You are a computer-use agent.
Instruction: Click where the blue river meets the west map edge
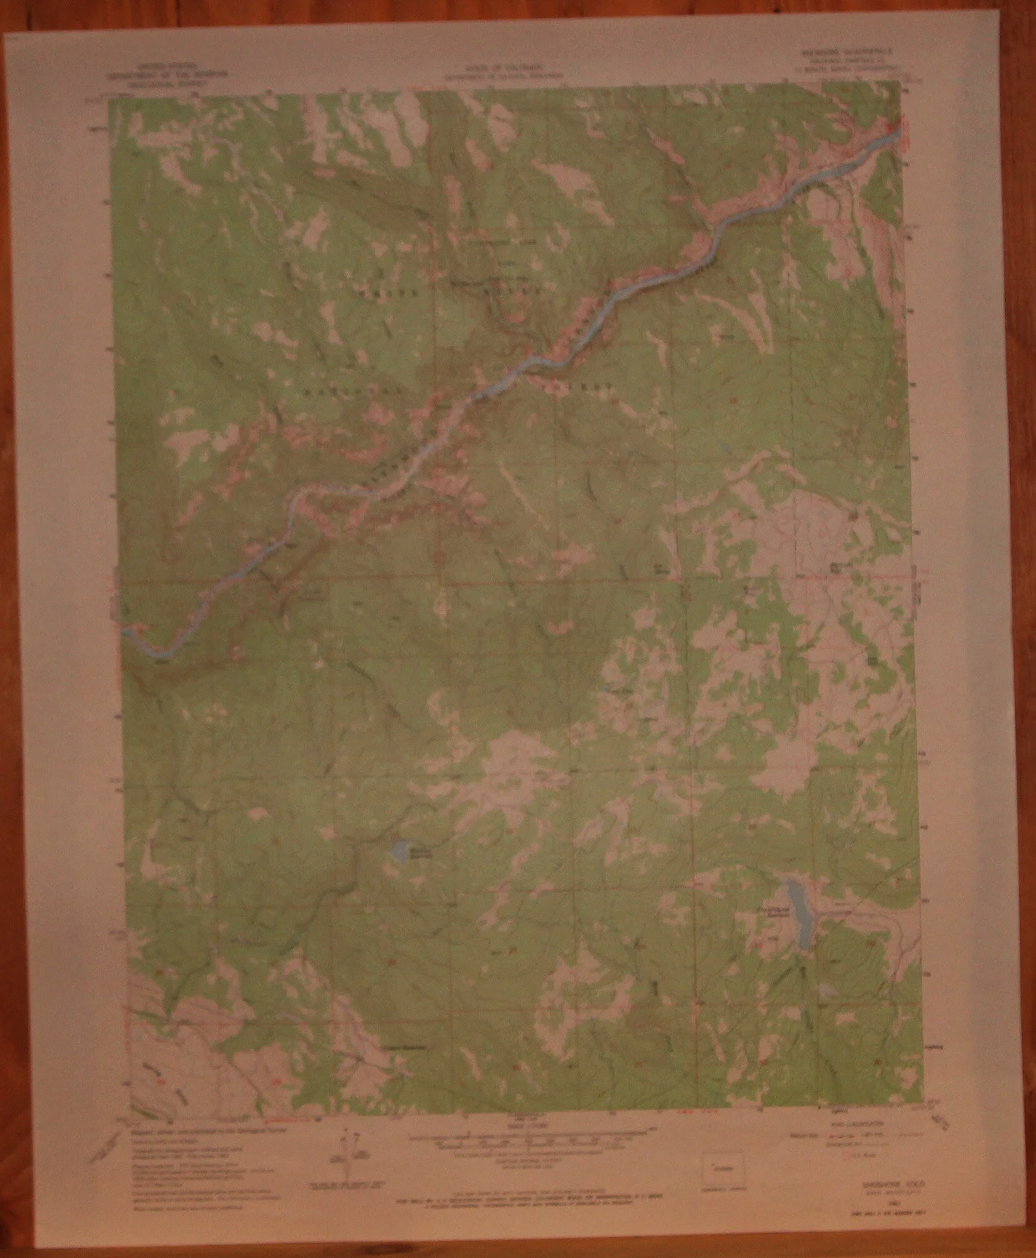point(125,628)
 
